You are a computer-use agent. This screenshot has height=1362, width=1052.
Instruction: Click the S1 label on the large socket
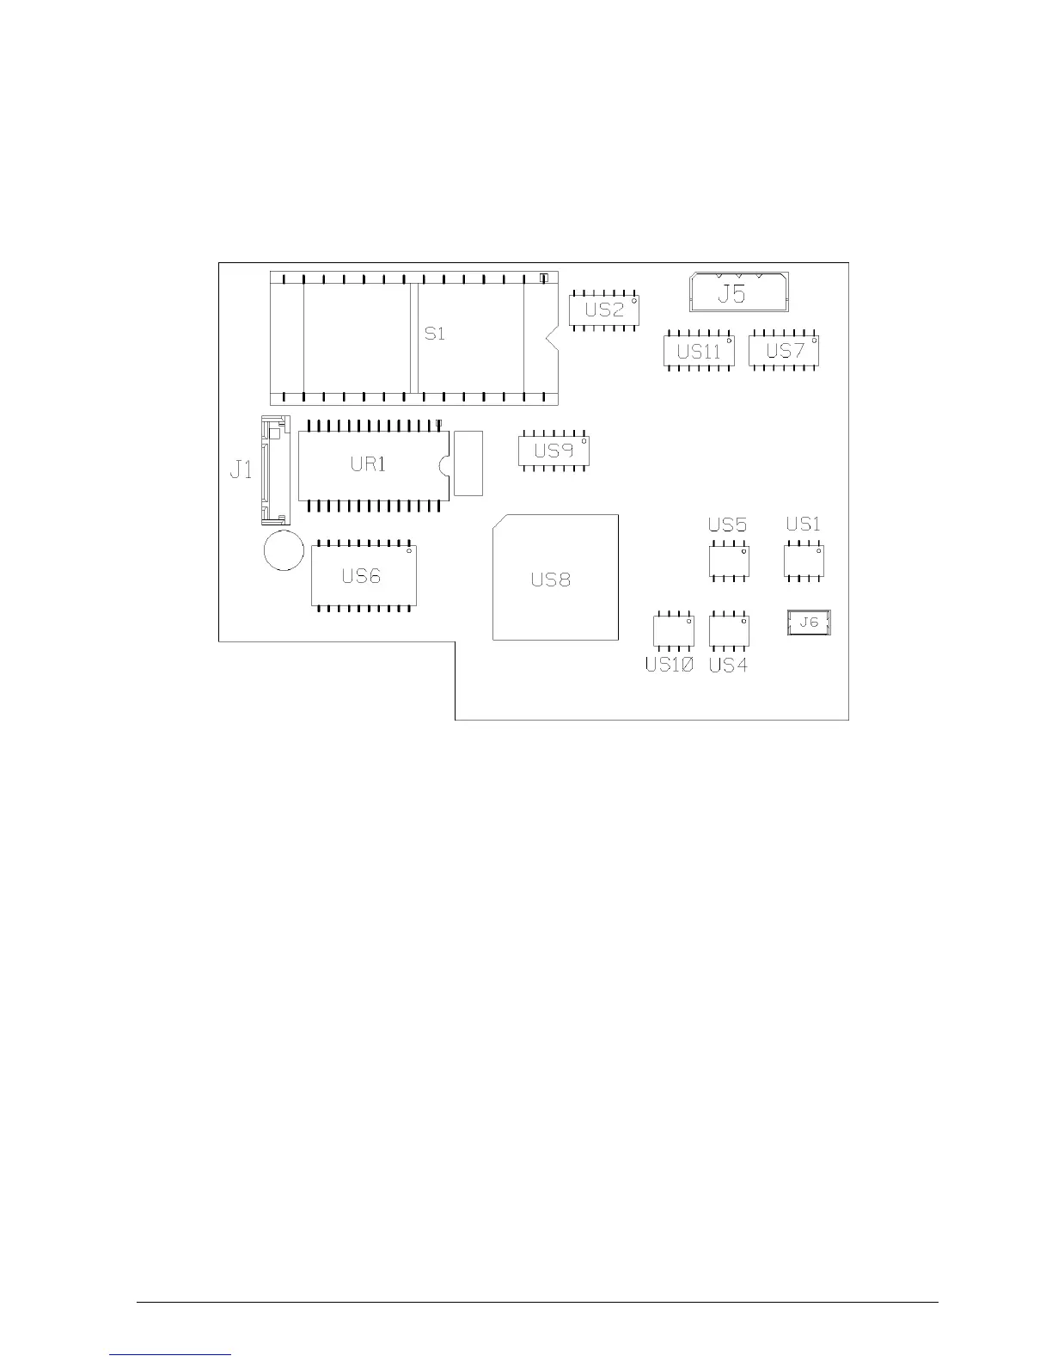pos(435,333)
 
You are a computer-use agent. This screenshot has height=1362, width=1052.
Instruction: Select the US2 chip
pos(604,310)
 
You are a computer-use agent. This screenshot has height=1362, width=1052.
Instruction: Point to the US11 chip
pos(699,351)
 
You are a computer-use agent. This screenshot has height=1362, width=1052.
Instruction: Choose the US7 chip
pos(784,351)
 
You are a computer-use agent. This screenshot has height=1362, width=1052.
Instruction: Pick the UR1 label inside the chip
pos(368,463)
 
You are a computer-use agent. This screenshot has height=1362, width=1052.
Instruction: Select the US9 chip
pos(554,451)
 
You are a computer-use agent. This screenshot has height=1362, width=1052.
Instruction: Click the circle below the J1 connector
pos(284,549)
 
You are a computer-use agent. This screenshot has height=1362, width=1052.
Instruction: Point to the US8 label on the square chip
pos(550,580)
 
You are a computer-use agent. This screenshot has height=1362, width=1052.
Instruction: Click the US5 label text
pos(727,525)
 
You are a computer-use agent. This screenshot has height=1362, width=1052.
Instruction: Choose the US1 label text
pos(803,524)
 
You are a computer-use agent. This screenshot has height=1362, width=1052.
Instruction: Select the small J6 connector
pos(809,623)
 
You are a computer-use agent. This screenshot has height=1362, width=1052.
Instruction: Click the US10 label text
pos(669,665)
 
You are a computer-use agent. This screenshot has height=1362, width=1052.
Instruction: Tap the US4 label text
pos(727,665)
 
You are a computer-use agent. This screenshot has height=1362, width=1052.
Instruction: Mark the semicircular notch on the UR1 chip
pos(444,464)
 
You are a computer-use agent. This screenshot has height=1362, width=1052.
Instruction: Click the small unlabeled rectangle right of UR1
pos(468,463)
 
